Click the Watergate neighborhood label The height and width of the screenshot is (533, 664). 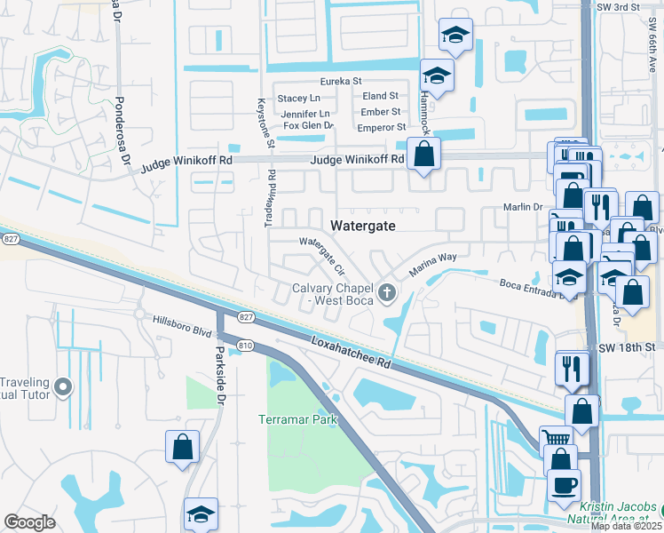coord(362,226)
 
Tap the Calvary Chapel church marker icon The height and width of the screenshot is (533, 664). coord(387,291)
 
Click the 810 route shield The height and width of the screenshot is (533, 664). coord(246,345)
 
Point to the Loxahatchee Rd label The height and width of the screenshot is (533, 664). coord(352,352)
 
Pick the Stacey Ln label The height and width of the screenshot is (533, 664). coord(298,98)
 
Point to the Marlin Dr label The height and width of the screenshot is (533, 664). coord(523,207)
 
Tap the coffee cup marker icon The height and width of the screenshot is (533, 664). coord(564,484)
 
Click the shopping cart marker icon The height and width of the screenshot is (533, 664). coord(556,439)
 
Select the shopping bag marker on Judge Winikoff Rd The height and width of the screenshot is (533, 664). coord(424,153)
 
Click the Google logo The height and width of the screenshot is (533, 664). coord(29,522)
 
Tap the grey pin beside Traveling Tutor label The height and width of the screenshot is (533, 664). coord(62,386)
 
